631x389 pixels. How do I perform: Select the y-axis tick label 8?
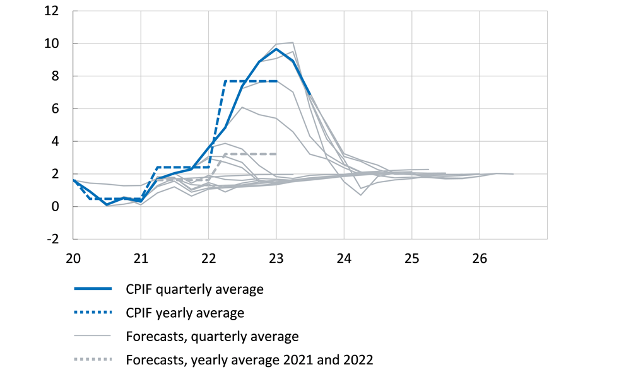(56, 76)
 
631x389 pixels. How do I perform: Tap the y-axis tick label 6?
(56, 109)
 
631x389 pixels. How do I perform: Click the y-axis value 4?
(56, 142)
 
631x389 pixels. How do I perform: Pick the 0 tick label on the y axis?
(56, 207)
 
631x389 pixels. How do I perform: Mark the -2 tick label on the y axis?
(53, 240)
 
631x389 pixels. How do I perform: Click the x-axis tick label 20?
(73, 258)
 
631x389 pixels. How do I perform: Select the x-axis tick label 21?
(141, 258)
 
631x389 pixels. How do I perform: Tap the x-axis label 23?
(276, 258)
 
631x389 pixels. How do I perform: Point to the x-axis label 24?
(344, 258)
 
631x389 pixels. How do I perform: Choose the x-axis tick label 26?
(480, 258)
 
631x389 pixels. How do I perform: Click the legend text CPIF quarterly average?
(194, 289)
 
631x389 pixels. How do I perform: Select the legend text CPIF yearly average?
(185, 313)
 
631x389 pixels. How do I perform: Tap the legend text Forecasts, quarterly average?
(212, 337)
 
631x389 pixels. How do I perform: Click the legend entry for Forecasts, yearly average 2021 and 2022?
(250, 360)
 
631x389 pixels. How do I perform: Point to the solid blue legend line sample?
(93, 289)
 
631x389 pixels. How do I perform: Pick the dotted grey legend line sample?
(93, 360)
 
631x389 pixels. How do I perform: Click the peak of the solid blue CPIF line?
(276, 49)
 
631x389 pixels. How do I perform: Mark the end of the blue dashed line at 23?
(276, 81)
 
